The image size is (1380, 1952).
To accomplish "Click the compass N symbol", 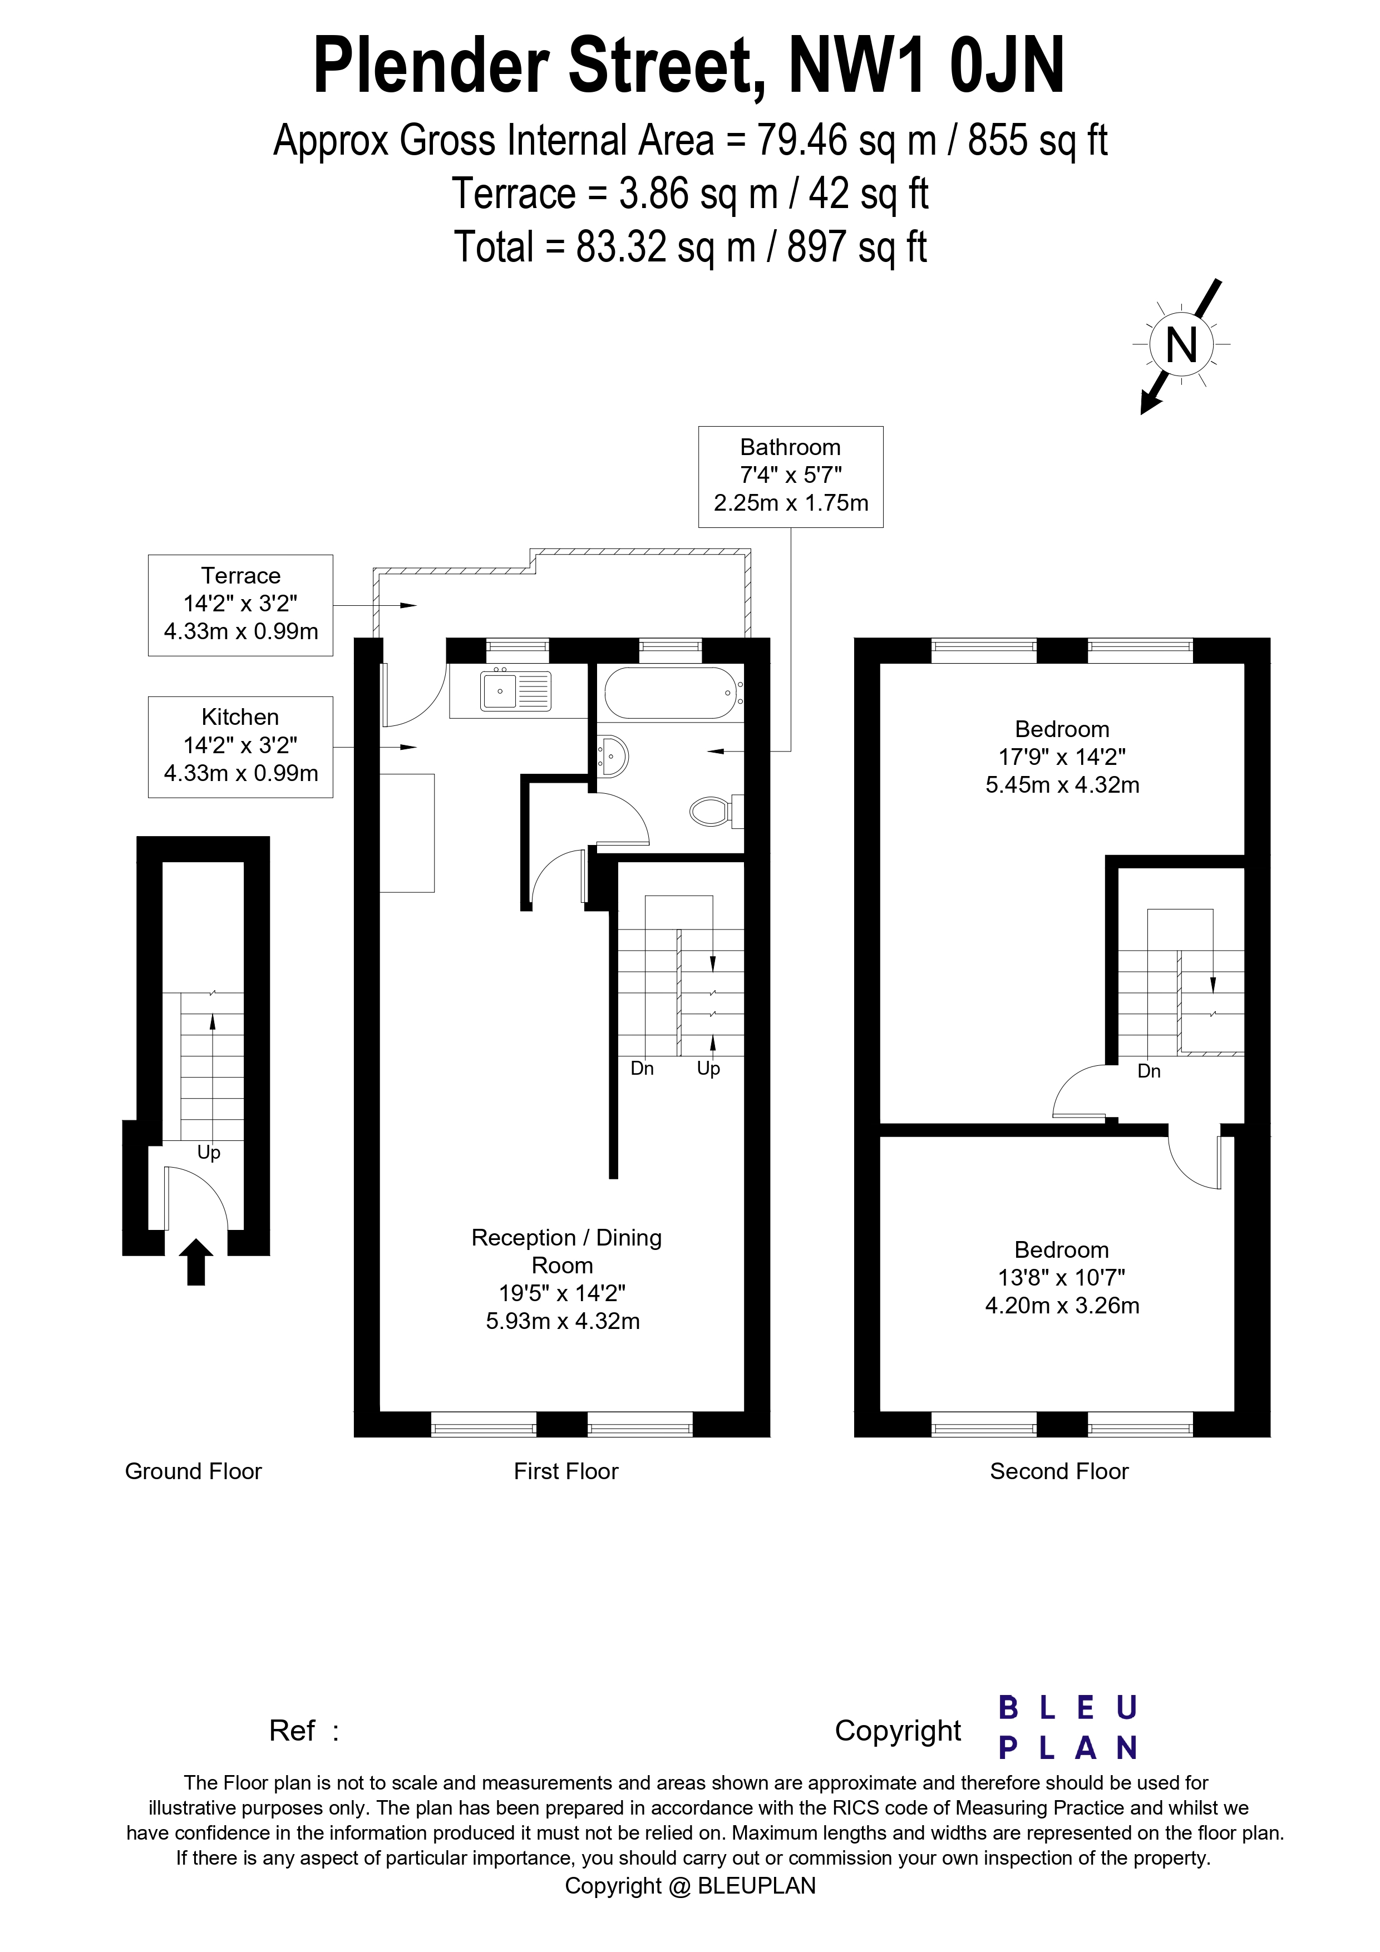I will click(x=1181, y=345).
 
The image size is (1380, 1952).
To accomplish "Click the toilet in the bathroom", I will click(x=712, y=811).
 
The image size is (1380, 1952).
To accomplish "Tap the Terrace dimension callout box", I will click(x=240, y=605).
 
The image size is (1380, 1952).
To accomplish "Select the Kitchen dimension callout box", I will click(x=240, y=747).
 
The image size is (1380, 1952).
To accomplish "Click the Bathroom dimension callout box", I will click(x=790, y=476).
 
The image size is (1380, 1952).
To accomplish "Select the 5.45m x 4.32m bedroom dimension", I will click(x=1062, y=785).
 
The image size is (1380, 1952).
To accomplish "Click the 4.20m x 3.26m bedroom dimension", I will click(x=1062, y=1305).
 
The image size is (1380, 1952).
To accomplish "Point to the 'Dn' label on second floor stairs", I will click(x=1149, y=1071).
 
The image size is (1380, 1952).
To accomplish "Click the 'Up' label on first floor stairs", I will click(x=708, y=1069).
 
